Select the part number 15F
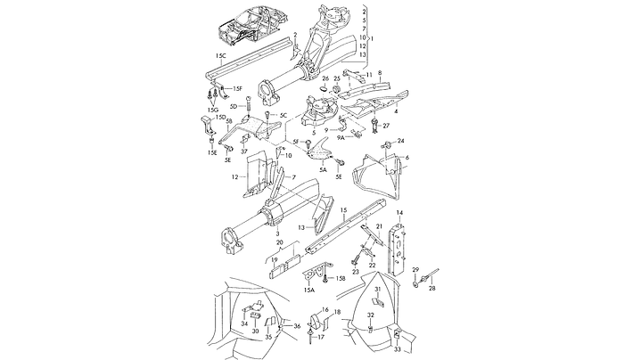(x=237, y=87)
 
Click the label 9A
(x=341, y=138)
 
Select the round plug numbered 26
(x=326, y=90)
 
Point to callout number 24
(x=401, y=141)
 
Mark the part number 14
(x=400, y=212)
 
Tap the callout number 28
(x=432, y=288)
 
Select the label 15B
(x=340, y=279)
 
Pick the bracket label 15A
(x=308, y=290)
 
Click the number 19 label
(x=275, y=261)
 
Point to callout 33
(x=398, y=333)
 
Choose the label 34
(x=244, y=323)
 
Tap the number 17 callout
(x=323, y=338)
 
